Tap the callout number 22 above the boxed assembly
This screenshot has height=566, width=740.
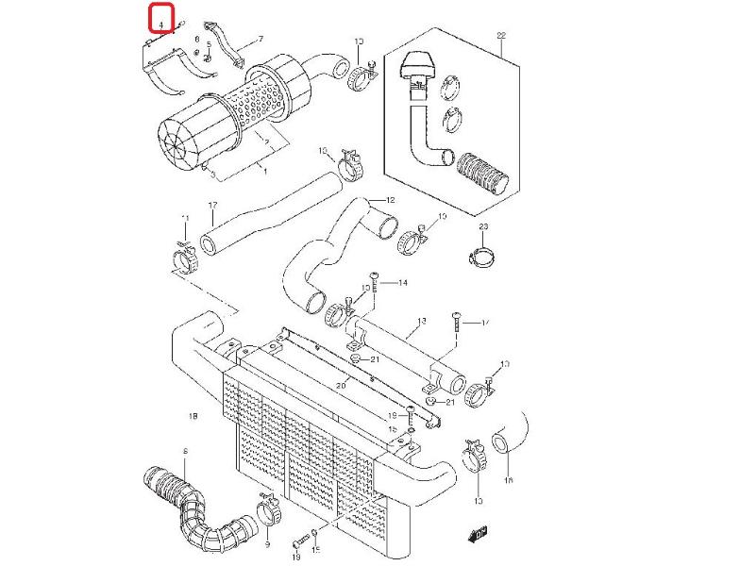501,36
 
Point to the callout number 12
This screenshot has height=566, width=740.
390,200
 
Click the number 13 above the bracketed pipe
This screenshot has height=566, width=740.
421,322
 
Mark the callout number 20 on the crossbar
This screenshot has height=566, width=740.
341,386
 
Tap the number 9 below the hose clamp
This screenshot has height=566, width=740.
267,545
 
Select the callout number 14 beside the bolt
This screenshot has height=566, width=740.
402,283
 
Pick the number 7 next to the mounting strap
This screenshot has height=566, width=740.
260,39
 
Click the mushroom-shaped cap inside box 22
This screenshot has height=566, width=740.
415,66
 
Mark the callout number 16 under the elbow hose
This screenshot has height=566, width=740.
509,481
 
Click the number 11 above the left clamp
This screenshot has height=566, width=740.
185,219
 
